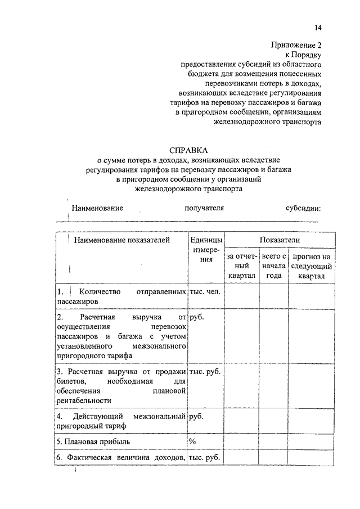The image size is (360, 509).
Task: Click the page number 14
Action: coord(318,28)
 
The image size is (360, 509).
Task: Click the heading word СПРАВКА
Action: coord(188,150)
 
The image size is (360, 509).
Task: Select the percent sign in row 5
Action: coord(192,441)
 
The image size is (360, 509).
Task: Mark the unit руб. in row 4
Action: coord(196,416)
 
